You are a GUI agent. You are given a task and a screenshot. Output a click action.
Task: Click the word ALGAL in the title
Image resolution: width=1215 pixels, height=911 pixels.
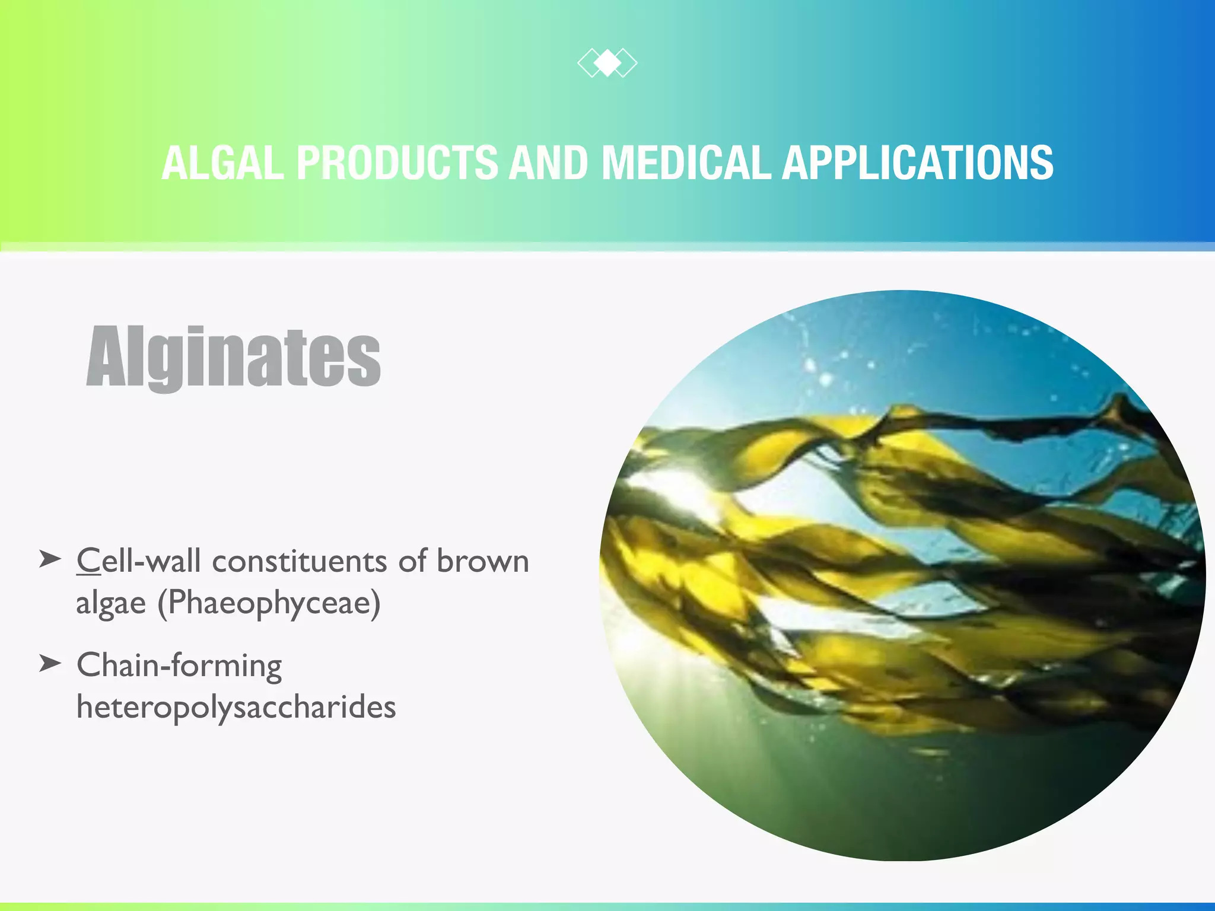(x=222, y=163)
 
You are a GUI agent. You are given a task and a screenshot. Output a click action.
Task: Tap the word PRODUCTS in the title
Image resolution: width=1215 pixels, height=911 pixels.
(x=397, y=163)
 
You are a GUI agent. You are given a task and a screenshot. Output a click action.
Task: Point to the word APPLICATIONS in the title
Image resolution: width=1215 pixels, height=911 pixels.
(x=917, y=163)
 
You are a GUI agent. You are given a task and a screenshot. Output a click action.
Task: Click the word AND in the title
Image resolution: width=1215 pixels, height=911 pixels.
(x=549, y=163)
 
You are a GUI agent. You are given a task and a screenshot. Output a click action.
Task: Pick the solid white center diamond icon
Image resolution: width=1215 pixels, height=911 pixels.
(x=607, y=63)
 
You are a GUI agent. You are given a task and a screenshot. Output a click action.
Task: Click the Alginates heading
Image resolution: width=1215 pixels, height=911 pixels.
(x=233, y=357)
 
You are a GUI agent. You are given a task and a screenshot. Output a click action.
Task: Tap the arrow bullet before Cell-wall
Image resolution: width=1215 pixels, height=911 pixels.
(x=50, y=559)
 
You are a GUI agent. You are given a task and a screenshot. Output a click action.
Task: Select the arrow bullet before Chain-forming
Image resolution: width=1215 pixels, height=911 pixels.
(x=50, y=663)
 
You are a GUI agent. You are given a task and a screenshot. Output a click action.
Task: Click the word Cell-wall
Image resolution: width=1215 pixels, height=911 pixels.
(x=138, y=560)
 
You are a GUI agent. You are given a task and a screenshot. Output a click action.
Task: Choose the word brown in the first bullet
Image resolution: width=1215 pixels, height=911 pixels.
(x=482, y=560)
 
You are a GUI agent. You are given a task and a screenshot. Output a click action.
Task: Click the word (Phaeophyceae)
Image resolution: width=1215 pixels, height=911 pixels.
(x=269, y=604)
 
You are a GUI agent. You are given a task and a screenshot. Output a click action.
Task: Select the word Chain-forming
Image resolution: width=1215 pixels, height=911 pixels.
(x=179, y=665)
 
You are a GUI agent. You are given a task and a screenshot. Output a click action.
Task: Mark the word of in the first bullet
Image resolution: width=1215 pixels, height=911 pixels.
(x=412, y=560)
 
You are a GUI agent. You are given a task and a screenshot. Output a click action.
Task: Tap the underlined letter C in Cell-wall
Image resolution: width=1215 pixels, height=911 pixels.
(x=88, y=560)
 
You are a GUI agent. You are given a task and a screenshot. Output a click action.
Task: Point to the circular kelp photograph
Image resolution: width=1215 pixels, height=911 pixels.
(x=902, y=575)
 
